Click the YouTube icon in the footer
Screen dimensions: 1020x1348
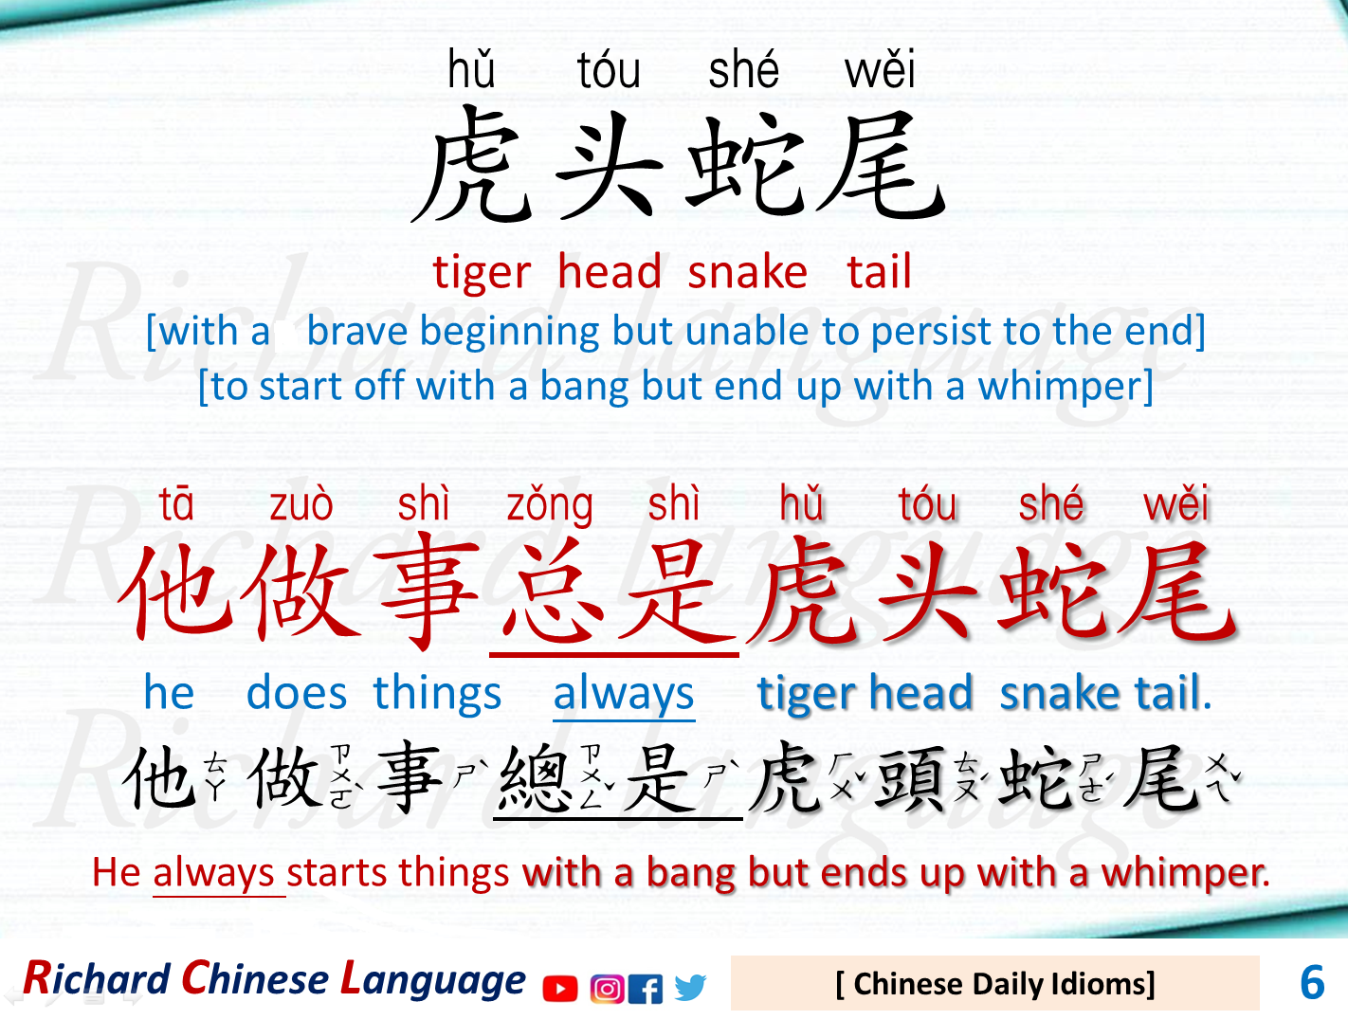pyautogui.click(x=560, y=989)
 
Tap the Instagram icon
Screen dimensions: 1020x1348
pyautogui.click(x=607, y=989)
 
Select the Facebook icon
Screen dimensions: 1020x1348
pyautogui.click(x=646, y=989)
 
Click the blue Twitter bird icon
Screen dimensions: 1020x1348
pyautogui.click(x=690, y=988)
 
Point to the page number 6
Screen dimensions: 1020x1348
pyautogui.click(x=1312, y=983)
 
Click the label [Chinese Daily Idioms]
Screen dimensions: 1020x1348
pyautogui.click(x=994, y=984)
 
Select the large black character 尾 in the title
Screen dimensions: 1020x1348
pyautogui.click(x=880, y=166)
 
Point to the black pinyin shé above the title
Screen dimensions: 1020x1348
pyautogui.click(x=744, y=70)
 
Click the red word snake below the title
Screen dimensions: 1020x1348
pyautogui.click(x=747, y=273)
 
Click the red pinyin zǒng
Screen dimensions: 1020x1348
pyautogui.click(x=550, y=505)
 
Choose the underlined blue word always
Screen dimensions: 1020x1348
pyautogui.click(x=624, y=694)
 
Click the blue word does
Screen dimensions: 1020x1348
pyautogui.click(x=297, y=694)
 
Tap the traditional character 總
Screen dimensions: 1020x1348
pyautogui.click(x=534, y=778)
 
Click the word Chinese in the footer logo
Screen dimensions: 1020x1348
pyautogui.click(x=255, y=979)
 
